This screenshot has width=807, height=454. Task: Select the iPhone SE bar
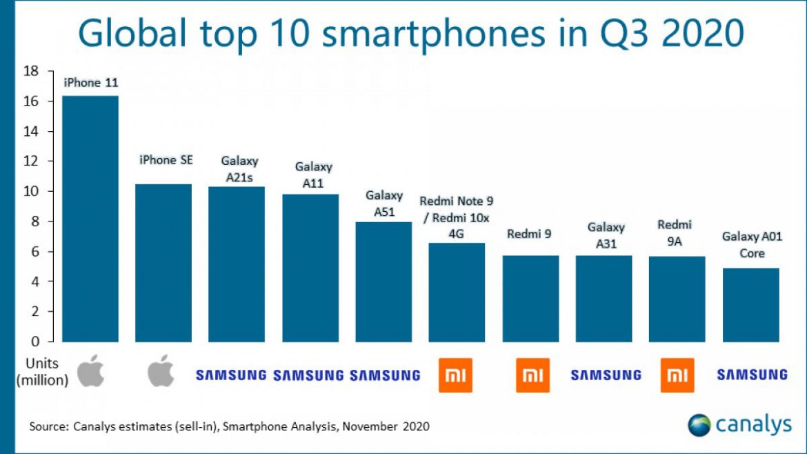[x=163, y=263]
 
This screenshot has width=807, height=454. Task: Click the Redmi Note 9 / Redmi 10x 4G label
[x=456, y=217]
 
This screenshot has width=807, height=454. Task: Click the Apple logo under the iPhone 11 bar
[x=90, y=372]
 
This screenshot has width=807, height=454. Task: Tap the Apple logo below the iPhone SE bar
[x=163, y=372]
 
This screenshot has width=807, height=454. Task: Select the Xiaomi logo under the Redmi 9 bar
[x=532, y=375]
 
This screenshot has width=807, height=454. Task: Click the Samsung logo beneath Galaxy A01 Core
[x=752, y=375]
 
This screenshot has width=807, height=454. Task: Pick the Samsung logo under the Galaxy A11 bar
[x=308, y=375]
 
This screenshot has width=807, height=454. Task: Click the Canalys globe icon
[x=699, y=425]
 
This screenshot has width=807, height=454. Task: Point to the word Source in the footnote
[x=48, y=426]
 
